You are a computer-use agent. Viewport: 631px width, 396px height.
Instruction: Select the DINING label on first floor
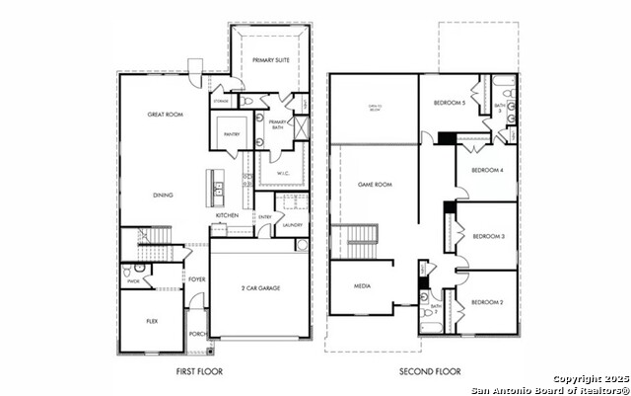click(163, 195)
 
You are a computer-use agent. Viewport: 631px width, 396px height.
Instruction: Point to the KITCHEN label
click(228, 215)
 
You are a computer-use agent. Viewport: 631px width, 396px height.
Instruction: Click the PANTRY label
click(233, 134)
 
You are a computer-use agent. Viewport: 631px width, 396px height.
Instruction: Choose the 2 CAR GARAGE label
click(261, 287)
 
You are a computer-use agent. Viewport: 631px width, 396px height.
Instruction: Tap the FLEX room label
click(152, 321)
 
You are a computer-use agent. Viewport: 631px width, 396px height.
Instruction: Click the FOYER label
click(197, 278)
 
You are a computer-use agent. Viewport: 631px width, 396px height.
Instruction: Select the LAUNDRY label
click(291, 225)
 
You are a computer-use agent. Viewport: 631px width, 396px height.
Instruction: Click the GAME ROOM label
click(375, 185)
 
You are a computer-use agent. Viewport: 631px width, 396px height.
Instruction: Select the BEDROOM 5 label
click(450, 104)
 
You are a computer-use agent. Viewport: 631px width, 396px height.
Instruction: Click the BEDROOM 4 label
click(487, 170)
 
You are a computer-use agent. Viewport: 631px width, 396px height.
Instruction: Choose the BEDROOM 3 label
click(488, 237)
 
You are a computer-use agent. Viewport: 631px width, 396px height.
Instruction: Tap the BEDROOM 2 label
click(487, 302)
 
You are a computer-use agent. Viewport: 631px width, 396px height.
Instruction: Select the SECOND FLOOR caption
click(430, 371)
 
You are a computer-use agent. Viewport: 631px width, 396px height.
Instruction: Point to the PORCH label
click(197, 334)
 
